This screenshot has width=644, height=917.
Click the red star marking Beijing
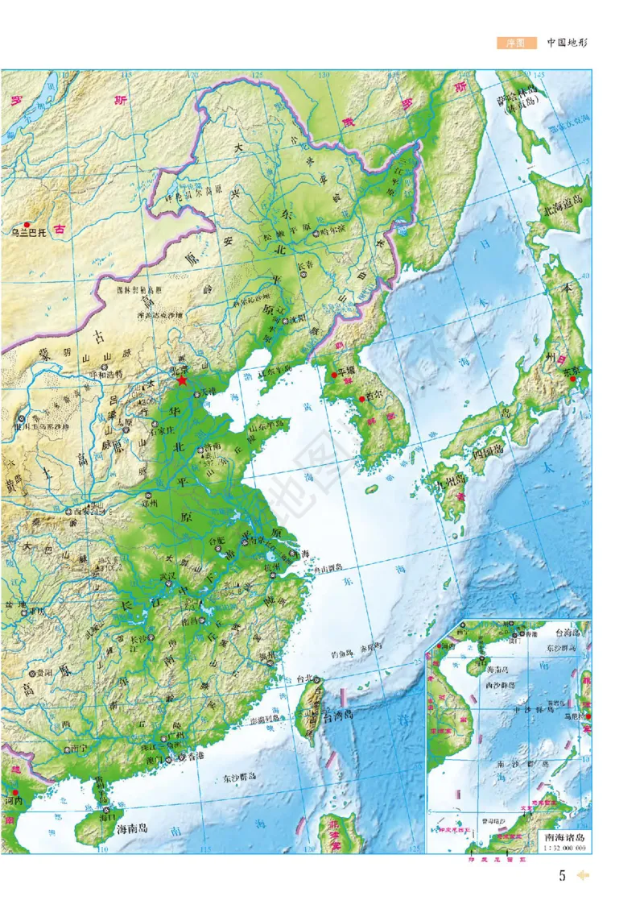pyautogui.click(x=183, y=380)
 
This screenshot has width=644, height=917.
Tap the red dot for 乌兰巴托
pyautogui.click(x=27, y=225)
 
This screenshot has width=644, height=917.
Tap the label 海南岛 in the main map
pyautogui.click(x=133, y=828)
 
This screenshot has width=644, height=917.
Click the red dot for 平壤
pyautogui.click(x=333, y=375)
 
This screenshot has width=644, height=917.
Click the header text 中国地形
pyautogui.click(x=568, y=43)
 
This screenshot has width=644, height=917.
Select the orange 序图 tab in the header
pyautogui.click(x=516, y=43)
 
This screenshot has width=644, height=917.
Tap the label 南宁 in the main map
pyautogui.click(x=78, y=749)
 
